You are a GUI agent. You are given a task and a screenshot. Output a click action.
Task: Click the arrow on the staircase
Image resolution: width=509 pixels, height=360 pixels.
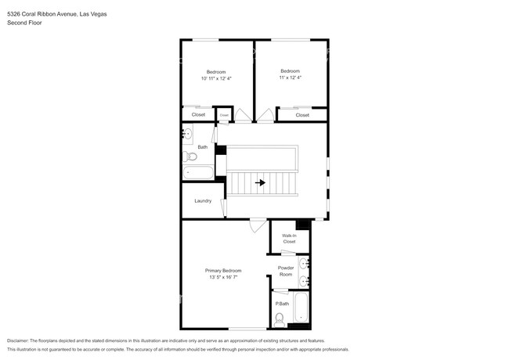point(260,183)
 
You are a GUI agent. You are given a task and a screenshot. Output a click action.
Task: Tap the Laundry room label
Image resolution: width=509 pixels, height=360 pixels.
point(203,201)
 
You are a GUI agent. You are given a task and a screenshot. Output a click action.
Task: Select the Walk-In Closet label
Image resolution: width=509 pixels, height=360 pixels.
point(289,239)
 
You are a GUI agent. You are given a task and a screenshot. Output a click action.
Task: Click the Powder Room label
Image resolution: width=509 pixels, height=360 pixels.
point(285,271)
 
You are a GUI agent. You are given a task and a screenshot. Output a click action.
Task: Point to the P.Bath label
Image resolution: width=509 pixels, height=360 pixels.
point(282,304)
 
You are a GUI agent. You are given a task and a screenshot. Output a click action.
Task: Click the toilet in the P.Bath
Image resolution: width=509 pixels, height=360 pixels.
point(280,318)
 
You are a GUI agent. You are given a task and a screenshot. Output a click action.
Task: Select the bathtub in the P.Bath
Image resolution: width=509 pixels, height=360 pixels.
point(302,310)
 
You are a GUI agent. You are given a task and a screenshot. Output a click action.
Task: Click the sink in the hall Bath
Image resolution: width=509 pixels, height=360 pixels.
point(187,135)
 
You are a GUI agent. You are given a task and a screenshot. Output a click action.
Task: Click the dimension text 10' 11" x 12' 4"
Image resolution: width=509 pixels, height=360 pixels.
point(215,78)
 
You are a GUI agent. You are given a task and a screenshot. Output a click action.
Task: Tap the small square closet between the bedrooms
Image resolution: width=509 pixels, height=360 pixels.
point(224,115)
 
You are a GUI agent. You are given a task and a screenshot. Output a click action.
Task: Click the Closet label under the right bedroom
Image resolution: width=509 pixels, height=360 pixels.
point(302,115)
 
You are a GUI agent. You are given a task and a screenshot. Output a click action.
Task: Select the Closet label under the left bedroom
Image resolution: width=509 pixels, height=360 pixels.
point(198,115)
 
